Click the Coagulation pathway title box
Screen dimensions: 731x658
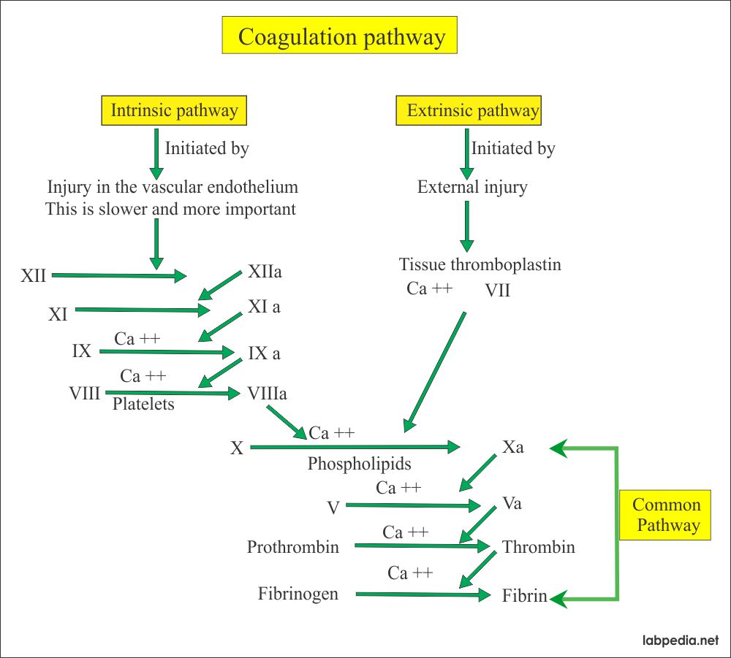pyautogui.click(x=339, y=35)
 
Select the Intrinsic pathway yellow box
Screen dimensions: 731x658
pyautogui.click(x=174, y=110)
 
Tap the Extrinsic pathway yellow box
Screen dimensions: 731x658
pyautogui.click(x=469, y=110)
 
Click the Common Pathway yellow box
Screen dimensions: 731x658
pyautogui.click(x=665, y=515)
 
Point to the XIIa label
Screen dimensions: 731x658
pyautogui.click(x=265, y=272)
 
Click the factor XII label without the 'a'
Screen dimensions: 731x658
pyautogui.click(x=33, y=275)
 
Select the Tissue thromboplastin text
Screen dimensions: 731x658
pyautogui.click(x=480, y=264)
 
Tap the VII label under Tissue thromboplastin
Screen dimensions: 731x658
pyautogui.click(x=497, y=291)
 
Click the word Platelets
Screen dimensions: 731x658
pyautogui.click(x=143, y=404)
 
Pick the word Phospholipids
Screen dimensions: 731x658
pyautogui.click(x=360, y=464)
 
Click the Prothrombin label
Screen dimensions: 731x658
pyautogui.click(x=293, y=547)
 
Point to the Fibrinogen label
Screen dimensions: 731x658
pyautogui.click(x=298, y=594)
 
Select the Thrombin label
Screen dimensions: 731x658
pyautogui.click(x=539, y=547)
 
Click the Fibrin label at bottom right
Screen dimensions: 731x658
pyautogui.click(x=524, y=596)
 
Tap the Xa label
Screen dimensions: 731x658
pyautogui.click(x=513, y=447)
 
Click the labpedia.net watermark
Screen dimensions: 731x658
pyautogui.click(x=681, y=640)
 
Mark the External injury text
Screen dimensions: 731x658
pyautogui.click(x=472, y=187)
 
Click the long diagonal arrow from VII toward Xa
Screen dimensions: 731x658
pyautogui.click(x=434, y=372)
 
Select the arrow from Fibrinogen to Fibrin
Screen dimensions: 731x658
pyautogui.click(x=423, y=594)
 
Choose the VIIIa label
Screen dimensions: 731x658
pyautogui.click(x=267, y=394)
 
